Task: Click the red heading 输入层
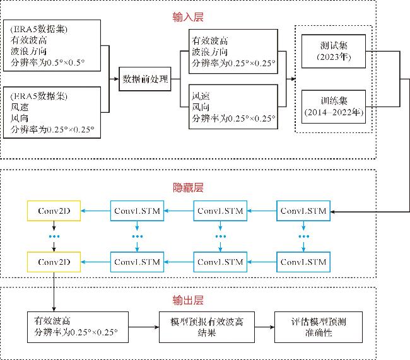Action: (188, 17)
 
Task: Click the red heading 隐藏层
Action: (188, 187)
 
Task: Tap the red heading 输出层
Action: (188, 300)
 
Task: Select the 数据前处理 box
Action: (145, 79)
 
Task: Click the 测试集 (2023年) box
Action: (334, 51)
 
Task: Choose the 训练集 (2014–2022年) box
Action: (334, 107)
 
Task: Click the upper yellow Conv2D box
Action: (54, 211)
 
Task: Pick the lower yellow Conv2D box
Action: (54, 262)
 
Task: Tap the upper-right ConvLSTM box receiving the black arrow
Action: (303, 211)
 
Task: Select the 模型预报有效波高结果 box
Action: (206, 327)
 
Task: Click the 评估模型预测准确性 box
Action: (318, 327)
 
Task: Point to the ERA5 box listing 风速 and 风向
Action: (52, 112)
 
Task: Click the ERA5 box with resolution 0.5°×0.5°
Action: (52, 45)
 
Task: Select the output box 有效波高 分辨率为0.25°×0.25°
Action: (78, 327)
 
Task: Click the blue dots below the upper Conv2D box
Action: (54, 236)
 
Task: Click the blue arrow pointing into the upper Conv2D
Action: (95, 211)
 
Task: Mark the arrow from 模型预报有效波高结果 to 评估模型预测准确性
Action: (264, 327)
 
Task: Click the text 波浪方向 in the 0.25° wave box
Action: (209, 52)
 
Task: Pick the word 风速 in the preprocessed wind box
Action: (201, 96)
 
